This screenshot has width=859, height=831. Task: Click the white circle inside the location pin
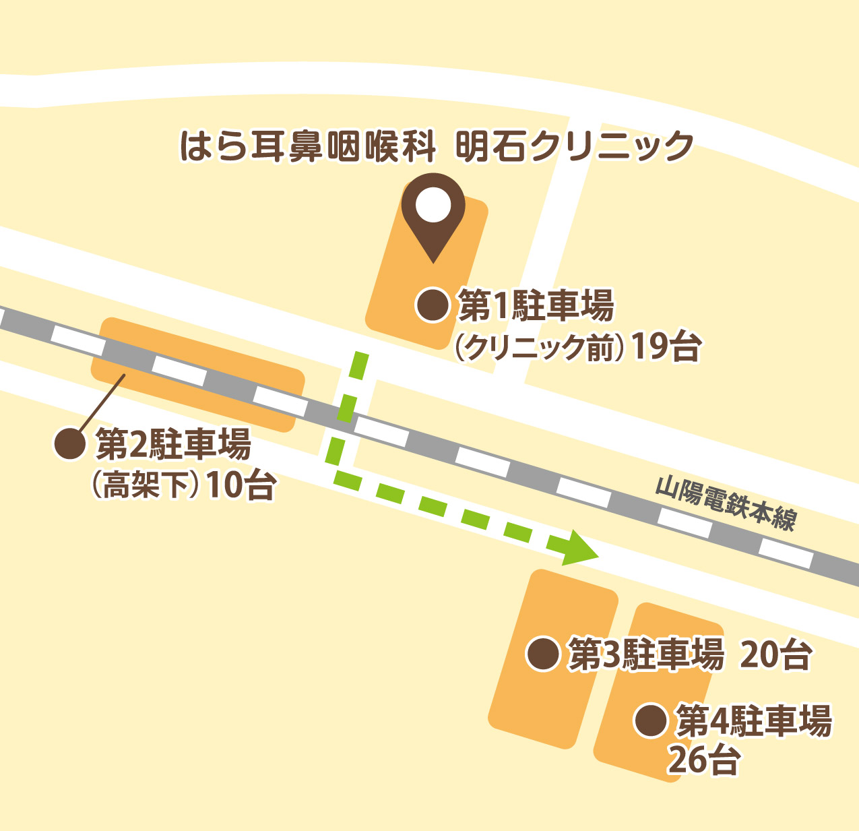(433, 205)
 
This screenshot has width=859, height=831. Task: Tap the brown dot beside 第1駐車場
(433, 305)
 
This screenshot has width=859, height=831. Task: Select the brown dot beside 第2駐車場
(69, 444)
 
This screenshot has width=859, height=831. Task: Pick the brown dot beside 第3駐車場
(542, 654)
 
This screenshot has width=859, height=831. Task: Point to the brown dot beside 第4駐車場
(651, 720)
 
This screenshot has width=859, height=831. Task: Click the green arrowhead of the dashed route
(581, 547)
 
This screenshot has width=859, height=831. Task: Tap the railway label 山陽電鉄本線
(726, 504)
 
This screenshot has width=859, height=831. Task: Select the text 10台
(241, 485)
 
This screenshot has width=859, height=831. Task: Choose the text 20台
(775, 654)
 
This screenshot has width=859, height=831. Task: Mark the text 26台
(704, 760)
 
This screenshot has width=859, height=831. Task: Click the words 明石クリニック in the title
(575, 146)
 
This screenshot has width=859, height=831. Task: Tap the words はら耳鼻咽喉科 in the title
(308, 146)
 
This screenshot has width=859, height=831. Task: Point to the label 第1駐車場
(536, 306)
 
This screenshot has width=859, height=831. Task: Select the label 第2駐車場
(173, 444)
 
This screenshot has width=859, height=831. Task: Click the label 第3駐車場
(646, 654)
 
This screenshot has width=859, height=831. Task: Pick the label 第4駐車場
(754, 721)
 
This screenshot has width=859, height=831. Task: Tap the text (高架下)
(145, 485)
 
